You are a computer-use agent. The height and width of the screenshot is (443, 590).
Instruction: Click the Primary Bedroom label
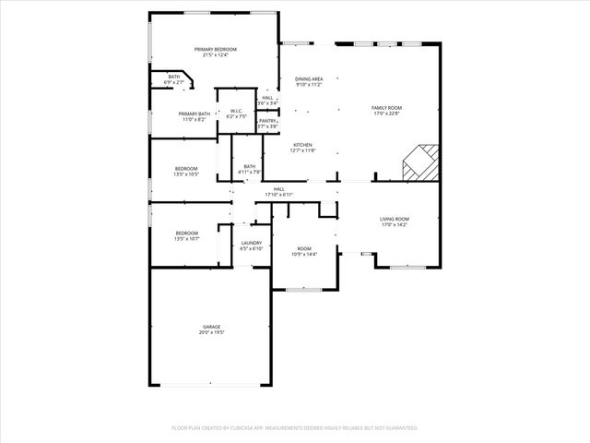coord(215,49)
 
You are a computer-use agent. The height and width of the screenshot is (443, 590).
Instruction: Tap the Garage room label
coord(212,327)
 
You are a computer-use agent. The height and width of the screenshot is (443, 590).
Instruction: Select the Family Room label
coord(386,108)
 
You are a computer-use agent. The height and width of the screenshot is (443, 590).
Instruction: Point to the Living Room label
coord(394,219)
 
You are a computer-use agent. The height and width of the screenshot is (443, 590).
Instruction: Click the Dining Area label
coord(309,79)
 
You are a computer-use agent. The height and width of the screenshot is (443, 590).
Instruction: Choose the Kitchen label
coord(302,145)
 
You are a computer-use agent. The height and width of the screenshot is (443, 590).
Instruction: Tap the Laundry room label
coord(252,243)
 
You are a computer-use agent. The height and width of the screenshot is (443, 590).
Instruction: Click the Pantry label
coord(267,121)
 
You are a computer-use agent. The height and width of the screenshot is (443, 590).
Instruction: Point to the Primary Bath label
coord(195,114)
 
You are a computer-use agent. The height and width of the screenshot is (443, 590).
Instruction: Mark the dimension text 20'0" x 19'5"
coord(212,332)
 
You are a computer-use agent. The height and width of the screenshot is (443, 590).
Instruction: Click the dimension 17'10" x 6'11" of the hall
coord(278,195)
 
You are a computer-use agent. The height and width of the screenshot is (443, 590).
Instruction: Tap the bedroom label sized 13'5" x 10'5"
coord(186,168)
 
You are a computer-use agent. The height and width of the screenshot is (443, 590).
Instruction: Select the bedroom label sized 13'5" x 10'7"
coord(187,233)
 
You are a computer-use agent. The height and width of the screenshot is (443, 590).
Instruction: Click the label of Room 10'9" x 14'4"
coord(303,249)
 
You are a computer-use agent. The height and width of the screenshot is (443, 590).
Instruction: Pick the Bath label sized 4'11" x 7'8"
coord(250,166)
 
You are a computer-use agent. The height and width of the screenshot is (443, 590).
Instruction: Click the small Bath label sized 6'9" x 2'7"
coord(173,77)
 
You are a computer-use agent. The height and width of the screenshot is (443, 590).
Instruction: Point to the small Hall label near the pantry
coord(267,98)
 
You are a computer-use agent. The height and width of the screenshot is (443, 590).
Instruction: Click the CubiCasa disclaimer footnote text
coord(295,427)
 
